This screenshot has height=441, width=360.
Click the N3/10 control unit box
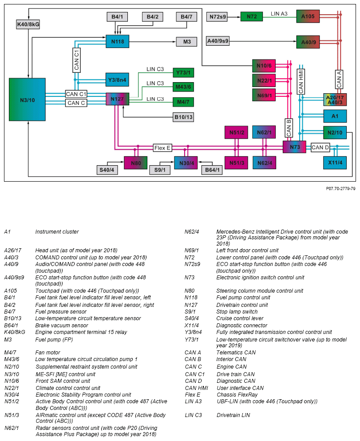tap(27, 100)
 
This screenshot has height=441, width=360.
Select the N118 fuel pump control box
tap(117, 42)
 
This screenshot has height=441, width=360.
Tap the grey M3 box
tap(187, 42)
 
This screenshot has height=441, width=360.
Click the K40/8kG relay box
tap(28, 24)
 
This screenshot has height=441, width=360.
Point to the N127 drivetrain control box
tap(117, 99)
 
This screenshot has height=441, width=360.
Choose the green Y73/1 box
tap(183, 72)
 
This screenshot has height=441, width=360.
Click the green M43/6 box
tap(183, 86)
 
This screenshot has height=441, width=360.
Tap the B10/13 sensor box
tap(183, 118)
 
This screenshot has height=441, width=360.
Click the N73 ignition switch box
tap(294, 147)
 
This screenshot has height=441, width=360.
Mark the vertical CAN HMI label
tap(301, 81)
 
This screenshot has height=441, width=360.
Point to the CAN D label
tap(320, 147)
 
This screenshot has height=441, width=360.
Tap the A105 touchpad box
tap(308, 17)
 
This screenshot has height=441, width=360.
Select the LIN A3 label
tap(279, 14)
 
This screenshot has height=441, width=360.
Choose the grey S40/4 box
tap(107, 170)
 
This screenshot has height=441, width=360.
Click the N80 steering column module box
tap(135, 163)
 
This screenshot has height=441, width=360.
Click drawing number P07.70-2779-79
tap(340, 188)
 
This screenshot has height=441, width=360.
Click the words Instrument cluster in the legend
tap(57, 232)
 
